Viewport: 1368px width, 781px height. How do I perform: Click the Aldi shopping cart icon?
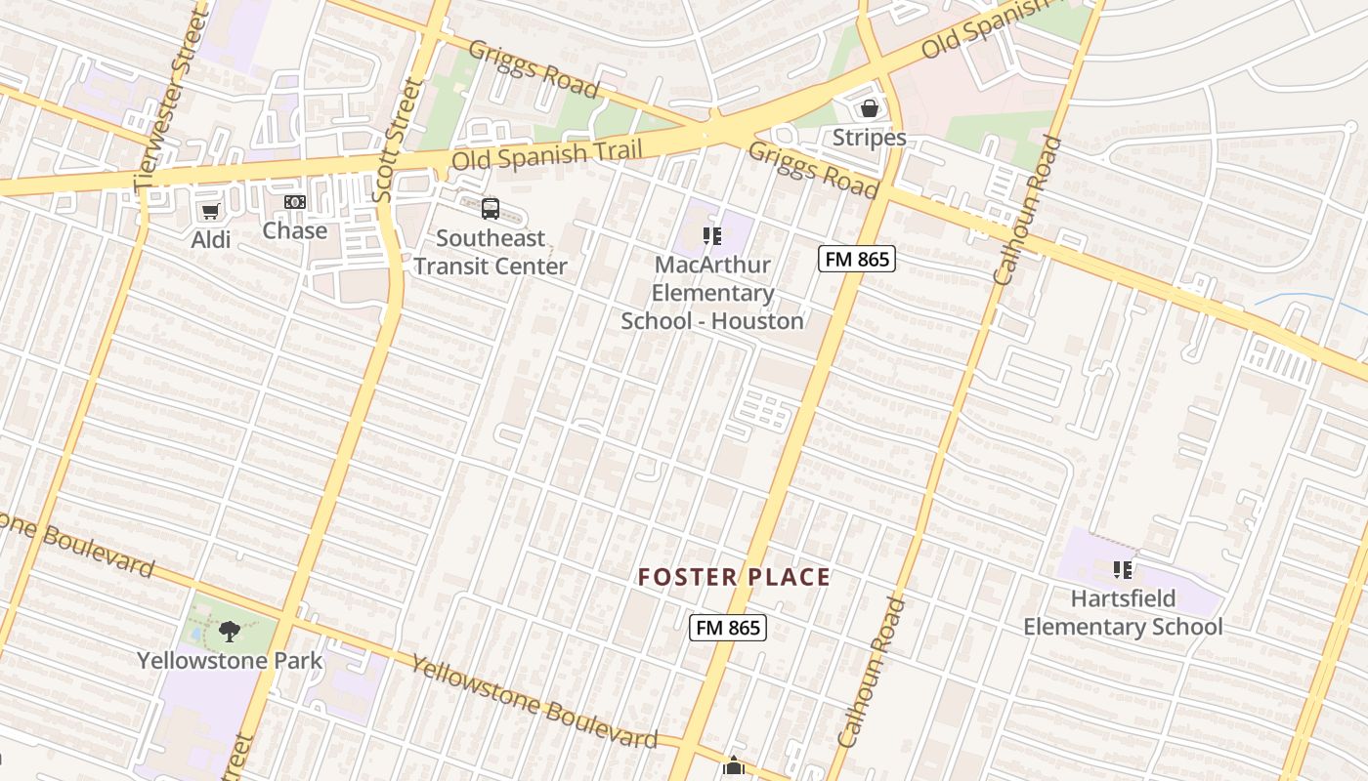point(209,211)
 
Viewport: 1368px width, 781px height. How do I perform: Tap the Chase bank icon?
point(295,202)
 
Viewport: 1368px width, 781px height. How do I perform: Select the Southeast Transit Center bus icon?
point(491,208)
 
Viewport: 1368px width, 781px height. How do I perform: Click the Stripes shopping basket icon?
point(869,108)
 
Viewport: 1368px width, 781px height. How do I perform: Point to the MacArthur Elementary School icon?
point(712,235)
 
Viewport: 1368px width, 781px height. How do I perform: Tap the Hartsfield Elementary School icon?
point(1122,569)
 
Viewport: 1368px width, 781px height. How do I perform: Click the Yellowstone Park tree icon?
point(229,632)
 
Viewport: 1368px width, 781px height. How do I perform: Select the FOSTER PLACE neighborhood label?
point(734,577)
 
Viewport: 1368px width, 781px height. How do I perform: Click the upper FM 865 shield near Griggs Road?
point(857,259)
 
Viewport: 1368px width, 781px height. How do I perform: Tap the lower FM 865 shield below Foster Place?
point(728,628)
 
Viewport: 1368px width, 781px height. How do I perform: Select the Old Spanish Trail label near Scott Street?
point(547,154)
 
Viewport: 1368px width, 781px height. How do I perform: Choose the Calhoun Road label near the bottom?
point(872,674)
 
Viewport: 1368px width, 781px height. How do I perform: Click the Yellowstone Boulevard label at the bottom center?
point(534,702)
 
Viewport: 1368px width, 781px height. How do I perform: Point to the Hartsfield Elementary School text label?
point(1123,612)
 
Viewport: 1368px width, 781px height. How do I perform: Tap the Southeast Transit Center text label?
point(491,252)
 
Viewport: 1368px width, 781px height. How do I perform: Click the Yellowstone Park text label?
point(230,660)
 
